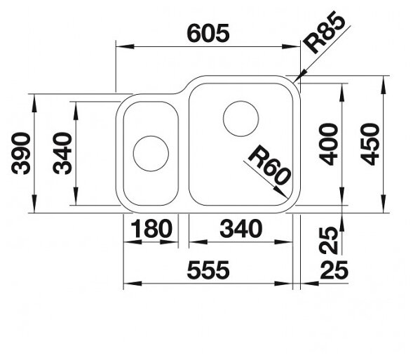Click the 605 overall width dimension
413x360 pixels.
[x=208, y=34]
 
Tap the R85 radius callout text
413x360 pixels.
[x=324, y=32]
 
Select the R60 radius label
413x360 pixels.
[x=269, y=166]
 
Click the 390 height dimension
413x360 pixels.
[x=21, y=154]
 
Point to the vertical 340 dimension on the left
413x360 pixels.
[x=62, y=154]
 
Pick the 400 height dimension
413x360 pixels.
[x=328, y=145]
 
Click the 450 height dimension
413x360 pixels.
[x=370, y=145]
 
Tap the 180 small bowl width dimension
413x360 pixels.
[x=151, y=229]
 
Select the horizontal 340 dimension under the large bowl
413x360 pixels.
[x=241, y=229]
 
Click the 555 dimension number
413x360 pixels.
[x=208, y=270]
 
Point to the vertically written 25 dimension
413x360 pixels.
[x=328, y=240]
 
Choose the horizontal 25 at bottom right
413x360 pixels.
[x=334, y=270]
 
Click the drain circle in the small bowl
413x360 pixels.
[x=151, y=154]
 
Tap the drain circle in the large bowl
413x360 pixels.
[x=241, y=119]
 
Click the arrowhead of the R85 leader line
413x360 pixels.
[x=300, y=76]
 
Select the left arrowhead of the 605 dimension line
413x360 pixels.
[x=125, y=46]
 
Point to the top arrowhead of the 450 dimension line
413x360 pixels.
[x=384, y=85]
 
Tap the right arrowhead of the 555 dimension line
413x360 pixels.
[x=283, y=284]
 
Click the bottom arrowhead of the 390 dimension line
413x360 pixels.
[x=34, y=204]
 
